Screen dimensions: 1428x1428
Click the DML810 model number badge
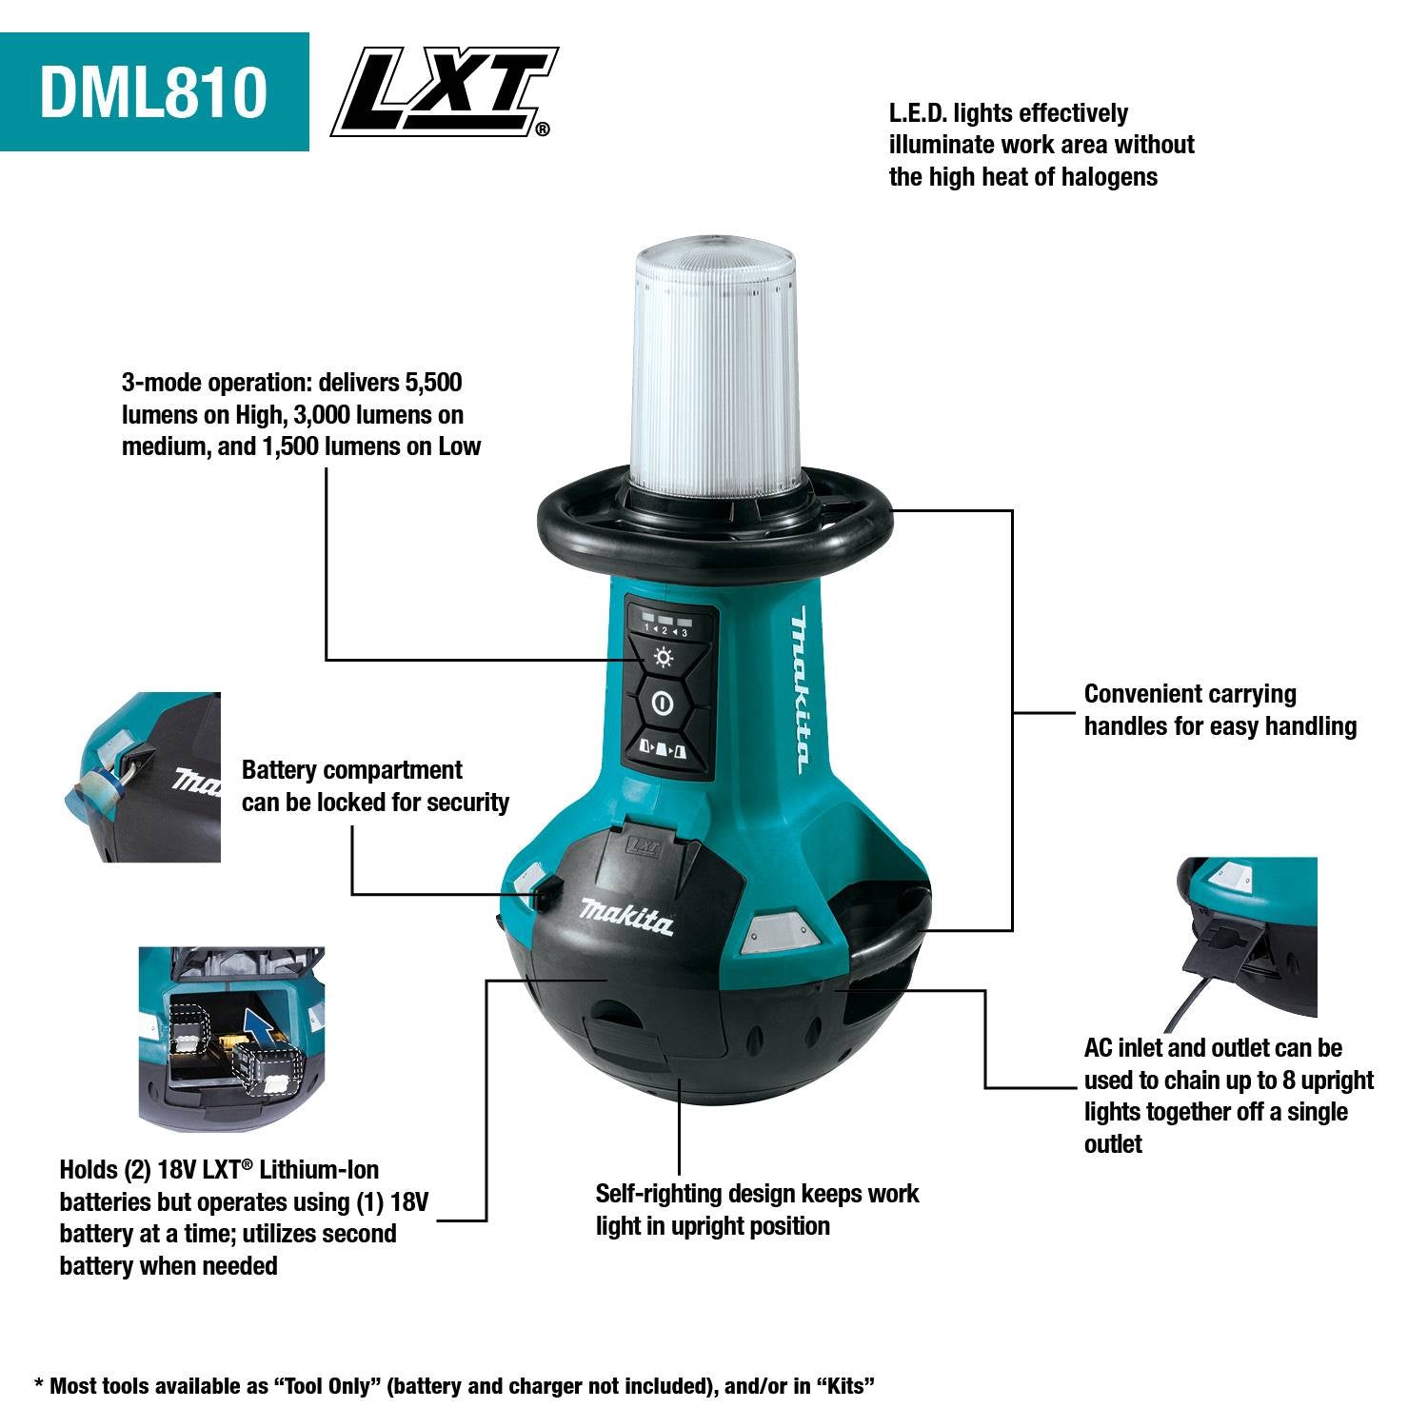point(153,91)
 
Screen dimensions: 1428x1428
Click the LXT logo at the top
point(443,91)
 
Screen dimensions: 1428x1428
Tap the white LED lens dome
point(714,362)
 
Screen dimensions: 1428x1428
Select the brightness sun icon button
point(664,658)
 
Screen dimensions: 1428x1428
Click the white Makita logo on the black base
point(626,916)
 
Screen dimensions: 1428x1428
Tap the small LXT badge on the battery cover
point(644,843)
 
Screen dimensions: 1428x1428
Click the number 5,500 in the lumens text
point(433,384)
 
